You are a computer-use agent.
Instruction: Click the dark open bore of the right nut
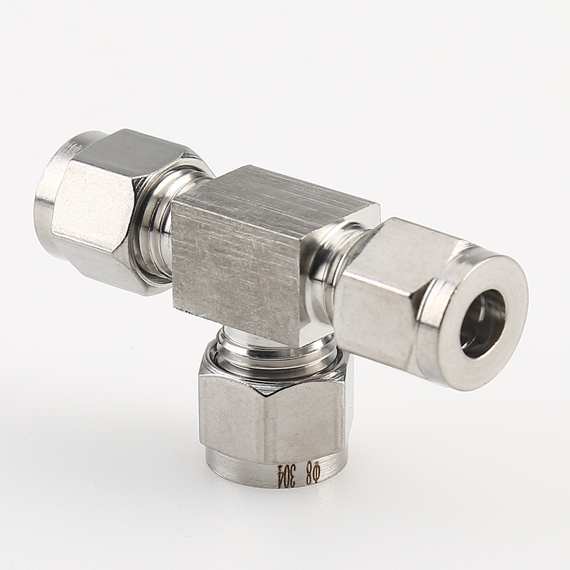483,323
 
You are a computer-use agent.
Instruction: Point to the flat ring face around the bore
482,321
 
